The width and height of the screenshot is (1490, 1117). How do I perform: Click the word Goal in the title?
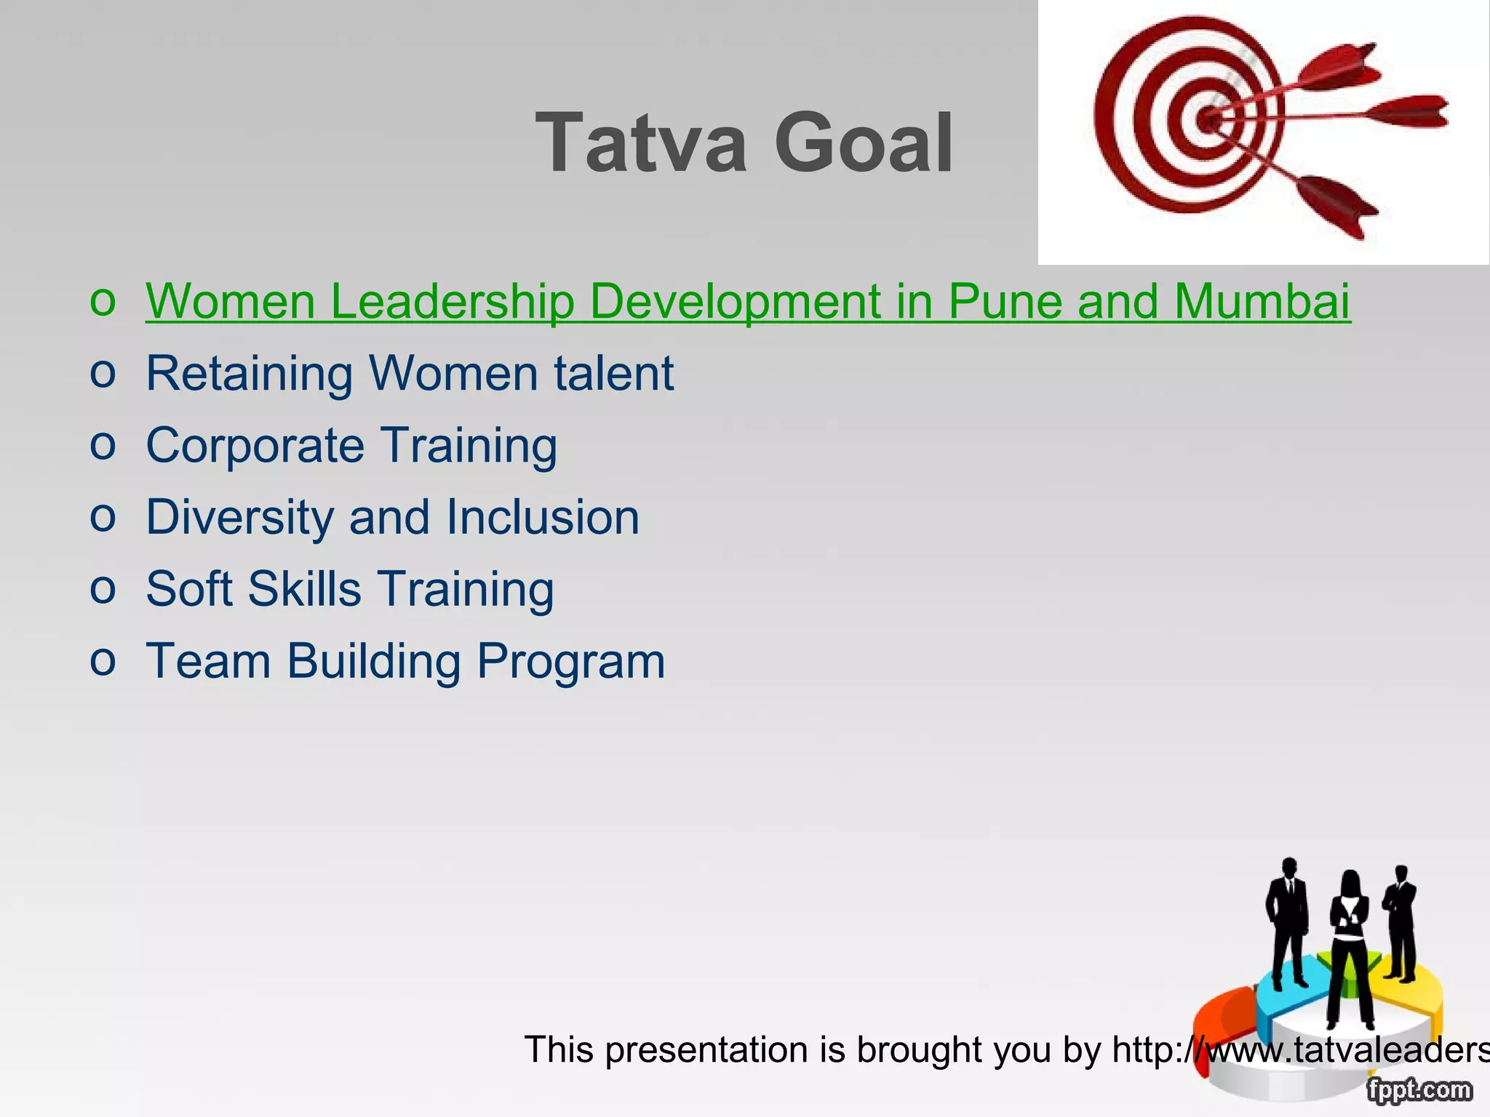[x=864, y=143]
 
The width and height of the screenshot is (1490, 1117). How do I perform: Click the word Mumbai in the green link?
[x=1262, y=301]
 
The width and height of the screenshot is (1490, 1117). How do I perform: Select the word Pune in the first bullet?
[x=1007, y=301]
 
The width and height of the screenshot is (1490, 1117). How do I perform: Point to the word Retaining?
[x=250, y=374]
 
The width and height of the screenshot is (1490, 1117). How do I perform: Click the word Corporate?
[x=255, y=446]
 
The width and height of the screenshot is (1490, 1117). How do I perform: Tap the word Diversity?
[x=240, y=518]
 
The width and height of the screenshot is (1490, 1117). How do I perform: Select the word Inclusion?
[x=542, y=517]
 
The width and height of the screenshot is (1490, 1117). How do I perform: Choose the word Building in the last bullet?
[x=374, y=662]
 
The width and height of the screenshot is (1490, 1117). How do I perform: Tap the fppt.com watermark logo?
[x=1419, y=1090]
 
